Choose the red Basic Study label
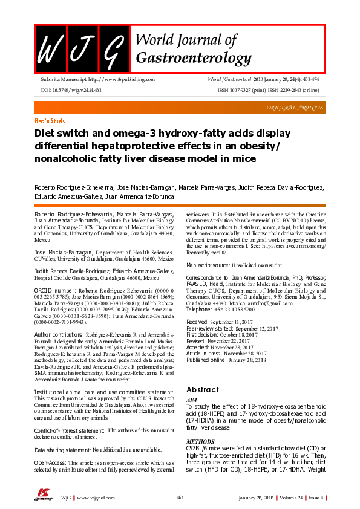click(x=50, y=121)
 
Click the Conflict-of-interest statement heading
click(x=69, y=430)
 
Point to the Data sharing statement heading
click(x=62, y=450)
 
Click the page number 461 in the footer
click(x=180, y=498)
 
